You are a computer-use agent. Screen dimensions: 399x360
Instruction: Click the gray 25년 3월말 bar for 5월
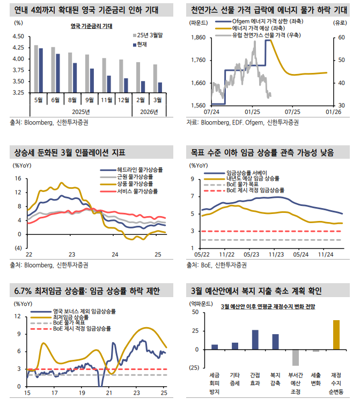[36, 69]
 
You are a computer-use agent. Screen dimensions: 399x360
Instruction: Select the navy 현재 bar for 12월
[126, 85]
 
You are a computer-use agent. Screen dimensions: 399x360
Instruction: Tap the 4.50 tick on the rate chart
[18, 36]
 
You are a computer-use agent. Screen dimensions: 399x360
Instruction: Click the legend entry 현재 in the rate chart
[142, 44]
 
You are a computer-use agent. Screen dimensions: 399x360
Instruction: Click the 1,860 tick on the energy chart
[197, 38]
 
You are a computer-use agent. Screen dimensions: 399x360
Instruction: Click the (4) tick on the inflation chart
[17, 248]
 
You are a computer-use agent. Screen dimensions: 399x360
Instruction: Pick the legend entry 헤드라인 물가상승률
[141, 170]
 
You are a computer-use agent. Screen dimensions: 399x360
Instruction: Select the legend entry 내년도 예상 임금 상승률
[252, 178]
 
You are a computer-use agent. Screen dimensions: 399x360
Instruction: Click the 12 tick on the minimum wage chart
[18, 316]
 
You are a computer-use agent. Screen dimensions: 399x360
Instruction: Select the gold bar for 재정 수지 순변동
[336, 335]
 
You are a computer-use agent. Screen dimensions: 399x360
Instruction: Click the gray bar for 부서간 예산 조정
[296, 357]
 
